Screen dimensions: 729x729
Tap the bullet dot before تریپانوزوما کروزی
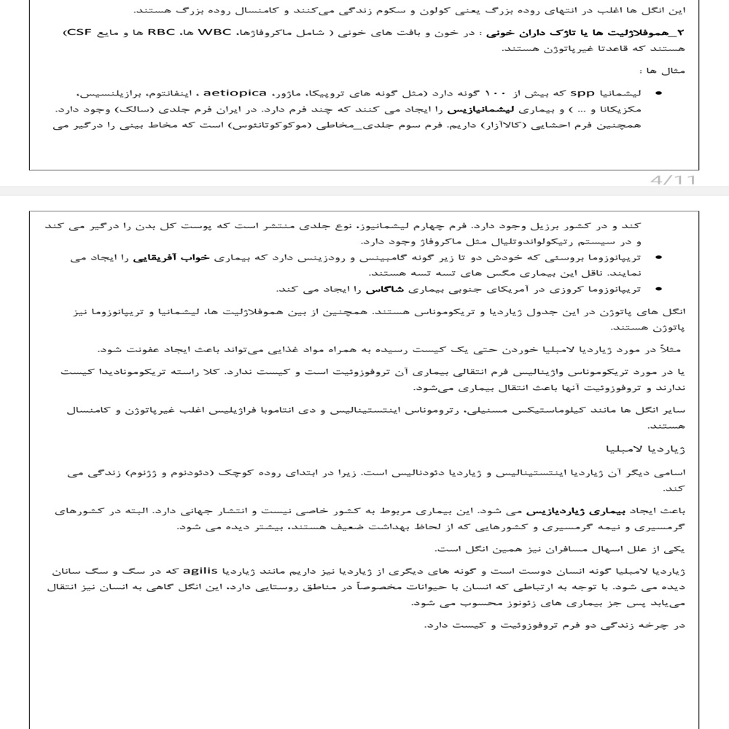pyautogui.click(x=660, y=289)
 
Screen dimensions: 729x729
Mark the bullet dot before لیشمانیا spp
pyautogui.click(x=660, y=94)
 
